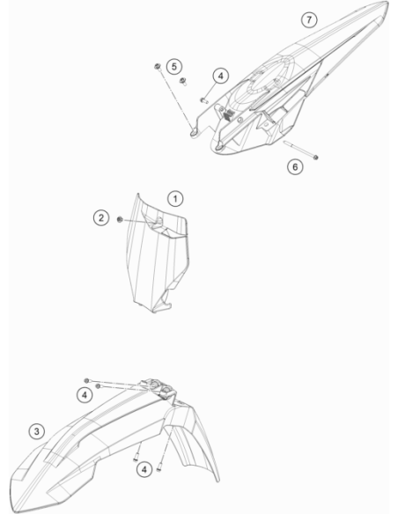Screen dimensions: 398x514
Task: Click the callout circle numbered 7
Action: coord(309,19)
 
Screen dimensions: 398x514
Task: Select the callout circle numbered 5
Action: coord(174,66)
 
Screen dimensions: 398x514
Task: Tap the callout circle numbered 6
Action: coord(295,167)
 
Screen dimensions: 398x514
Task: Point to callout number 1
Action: coord(175,199)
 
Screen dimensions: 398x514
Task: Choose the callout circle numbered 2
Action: coord(101,217)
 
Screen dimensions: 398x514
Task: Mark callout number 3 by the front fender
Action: coord(37,431)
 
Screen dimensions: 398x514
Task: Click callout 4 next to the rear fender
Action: coord(221,76)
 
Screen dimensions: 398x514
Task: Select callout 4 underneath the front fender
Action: coord(144,469)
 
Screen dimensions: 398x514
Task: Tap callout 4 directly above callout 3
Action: coord(85,395)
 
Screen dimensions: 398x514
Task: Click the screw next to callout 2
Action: coord(120,219)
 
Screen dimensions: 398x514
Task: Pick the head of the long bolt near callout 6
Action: coord(316,158)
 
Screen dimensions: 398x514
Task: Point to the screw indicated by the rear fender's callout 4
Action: coord(204,100)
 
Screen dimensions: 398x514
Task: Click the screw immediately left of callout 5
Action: coord(158,67)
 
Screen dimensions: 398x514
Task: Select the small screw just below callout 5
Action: coord(182,80)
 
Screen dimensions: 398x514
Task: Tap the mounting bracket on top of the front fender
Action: coord(158,388)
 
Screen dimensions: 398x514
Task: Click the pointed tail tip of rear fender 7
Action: coord(387,4)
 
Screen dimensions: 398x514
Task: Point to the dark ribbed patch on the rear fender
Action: coord(229,114)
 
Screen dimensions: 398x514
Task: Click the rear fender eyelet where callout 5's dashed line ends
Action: coord(194,132)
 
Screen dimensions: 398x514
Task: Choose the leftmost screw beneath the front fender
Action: coord(136,457)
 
